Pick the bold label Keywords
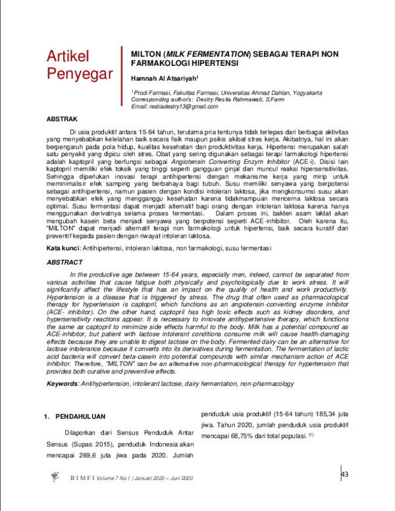[64, 384]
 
